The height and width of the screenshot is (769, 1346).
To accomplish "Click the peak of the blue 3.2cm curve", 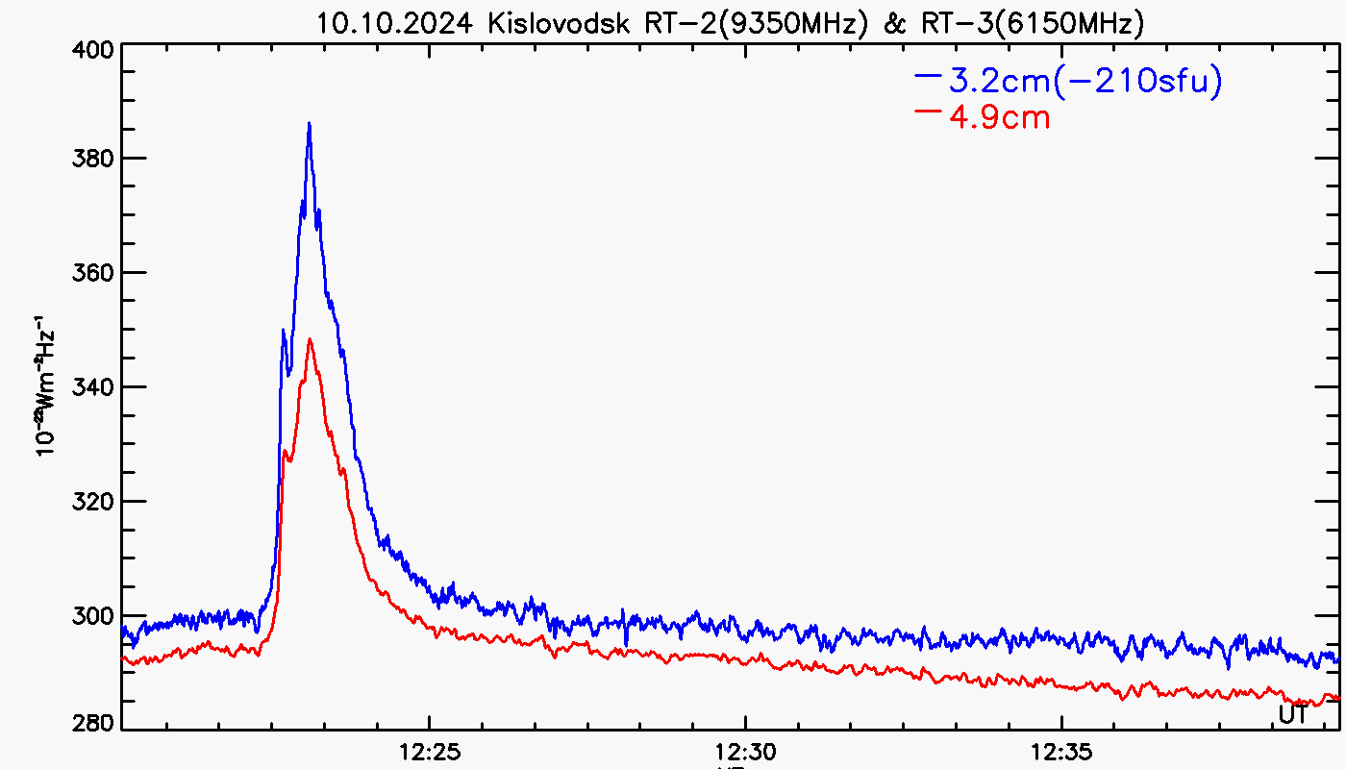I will pyautogui.click(x=309, y=123).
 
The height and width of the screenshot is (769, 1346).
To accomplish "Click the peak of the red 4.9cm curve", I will pyautogui.click(x=310, y=339).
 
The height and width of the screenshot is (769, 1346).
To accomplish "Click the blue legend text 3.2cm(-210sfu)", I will pyautogui.click(x=1085, y=82).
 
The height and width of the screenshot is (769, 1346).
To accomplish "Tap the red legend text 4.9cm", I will pyautogui.click(x=999, y=117).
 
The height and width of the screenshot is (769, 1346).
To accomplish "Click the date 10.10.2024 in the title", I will pyautogui.click(x=396, y=23).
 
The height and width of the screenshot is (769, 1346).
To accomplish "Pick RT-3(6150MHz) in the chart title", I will pyautogui.click(x=1032, y=23).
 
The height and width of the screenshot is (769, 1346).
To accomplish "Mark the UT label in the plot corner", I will pyautogui.click(x=1293, y=713).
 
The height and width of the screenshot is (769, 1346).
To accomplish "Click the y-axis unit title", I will pyautogui.click(x=46, y=394).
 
